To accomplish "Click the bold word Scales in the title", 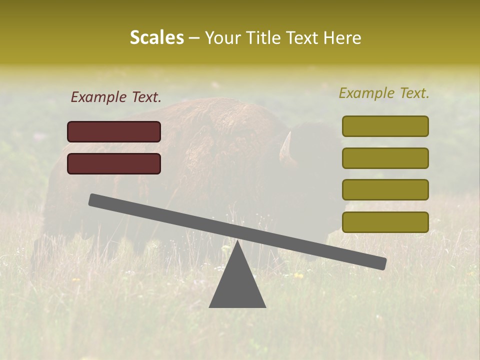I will coord(156,37).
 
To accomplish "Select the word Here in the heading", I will coord(342,37).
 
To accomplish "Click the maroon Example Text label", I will coord(116,97).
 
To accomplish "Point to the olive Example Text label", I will coord(384,93).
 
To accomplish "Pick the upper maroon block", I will coord(114,131).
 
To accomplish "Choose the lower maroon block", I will coord(114,163).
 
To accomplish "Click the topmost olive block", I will coord(385,126).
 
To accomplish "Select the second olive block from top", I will coord(385,158).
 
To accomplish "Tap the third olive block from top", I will coord(385,190).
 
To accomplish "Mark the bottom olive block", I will coord(385,222).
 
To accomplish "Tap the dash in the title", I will coord(194,38).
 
